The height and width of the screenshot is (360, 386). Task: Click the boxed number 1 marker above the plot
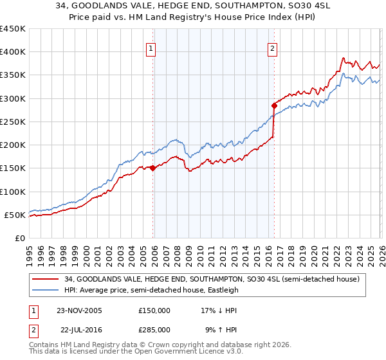click(x=151, y=48)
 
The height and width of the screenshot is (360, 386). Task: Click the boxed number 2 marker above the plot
click(x=273, y=48)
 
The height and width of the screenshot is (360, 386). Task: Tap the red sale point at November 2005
click(x=153, y=168)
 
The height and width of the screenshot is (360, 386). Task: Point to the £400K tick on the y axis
click(x=13, y=52)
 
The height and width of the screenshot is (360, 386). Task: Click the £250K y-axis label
click(x=13, y=122)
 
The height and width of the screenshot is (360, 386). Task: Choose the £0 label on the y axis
click(x=19, y=238)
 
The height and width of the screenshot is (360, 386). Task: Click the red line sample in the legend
click(x=46, y=278)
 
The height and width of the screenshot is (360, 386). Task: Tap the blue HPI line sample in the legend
click(x=46, y=289)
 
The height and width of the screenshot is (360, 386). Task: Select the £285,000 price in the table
click(x=154, y=329)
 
